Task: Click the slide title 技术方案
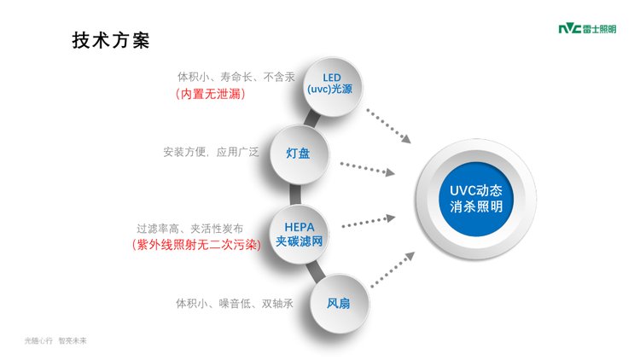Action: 111,40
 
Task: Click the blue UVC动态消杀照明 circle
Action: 476,198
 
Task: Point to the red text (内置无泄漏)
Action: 210,95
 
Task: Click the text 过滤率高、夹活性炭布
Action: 190,229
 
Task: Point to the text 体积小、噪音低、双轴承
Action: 229,303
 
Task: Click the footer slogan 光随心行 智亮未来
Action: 55,340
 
